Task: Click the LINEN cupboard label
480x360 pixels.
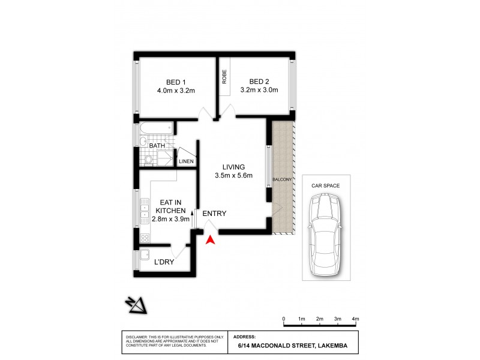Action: coord(186,161)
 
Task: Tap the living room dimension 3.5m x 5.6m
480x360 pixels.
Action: coord(233,176)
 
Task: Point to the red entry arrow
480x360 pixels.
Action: coord(210,240)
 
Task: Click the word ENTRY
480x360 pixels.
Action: coord(214,214)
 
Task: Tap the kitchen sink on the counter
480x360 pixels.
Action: coord(145,210)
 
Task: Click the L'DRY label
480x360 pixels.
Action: coord(164,262)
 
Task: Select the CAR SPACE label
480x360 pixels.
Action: coord(325,186)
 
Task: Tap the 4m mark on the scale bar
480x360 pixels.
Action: coord(355,319)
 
